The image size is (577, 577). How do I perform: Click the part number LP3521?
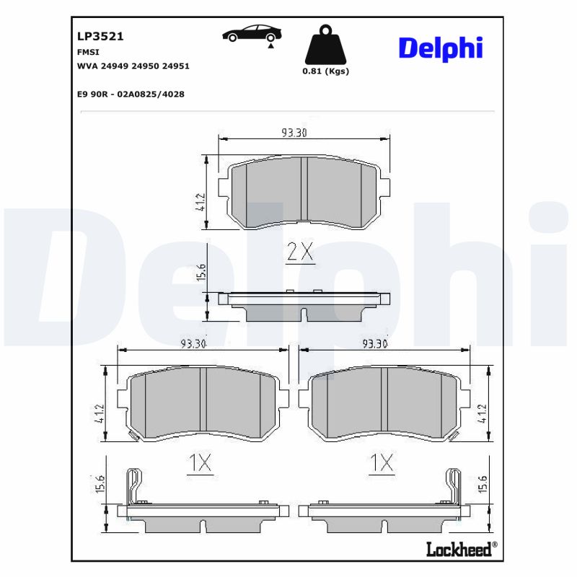[x=96, y=35]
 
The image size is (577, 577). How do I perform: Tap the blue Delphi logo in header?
[x=440, y=48]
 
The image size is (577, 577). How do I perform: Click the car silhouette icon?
[x=252, y=34]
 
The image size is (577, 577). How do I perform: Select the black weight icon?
[x=325, y=45]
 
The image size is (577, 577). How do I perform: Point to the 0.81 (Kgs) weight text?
[x=325, y=71]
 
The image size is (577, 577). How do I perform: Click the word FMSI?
[x=87, y=53]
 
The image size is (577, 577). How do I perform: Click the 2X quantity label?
[x=299, y=252]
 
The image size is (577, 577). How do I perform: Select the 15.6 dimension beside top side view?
[x=202, y=273]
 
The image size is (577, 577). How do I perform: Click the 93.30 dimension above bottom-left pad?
[x=193, y=343]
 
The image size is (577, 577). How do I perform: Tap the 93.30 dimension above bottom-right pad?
[x=375, y=343]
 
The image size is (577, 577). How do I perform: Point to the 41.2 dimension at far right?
[x=483, y=413]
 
